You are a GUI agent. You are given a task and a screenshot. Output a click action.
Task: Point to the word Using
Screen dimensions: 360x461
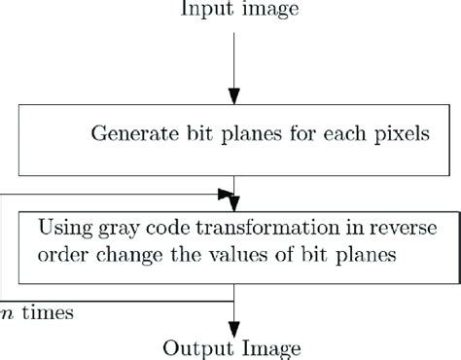(60, 231)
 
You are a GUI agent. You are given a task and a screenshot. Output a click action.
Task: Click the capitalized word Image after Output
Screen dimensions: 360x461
(258, 348)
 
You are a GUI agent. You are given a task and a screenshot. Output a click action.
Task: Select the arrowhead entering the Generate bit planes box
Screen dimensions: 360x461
(234, 97)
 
